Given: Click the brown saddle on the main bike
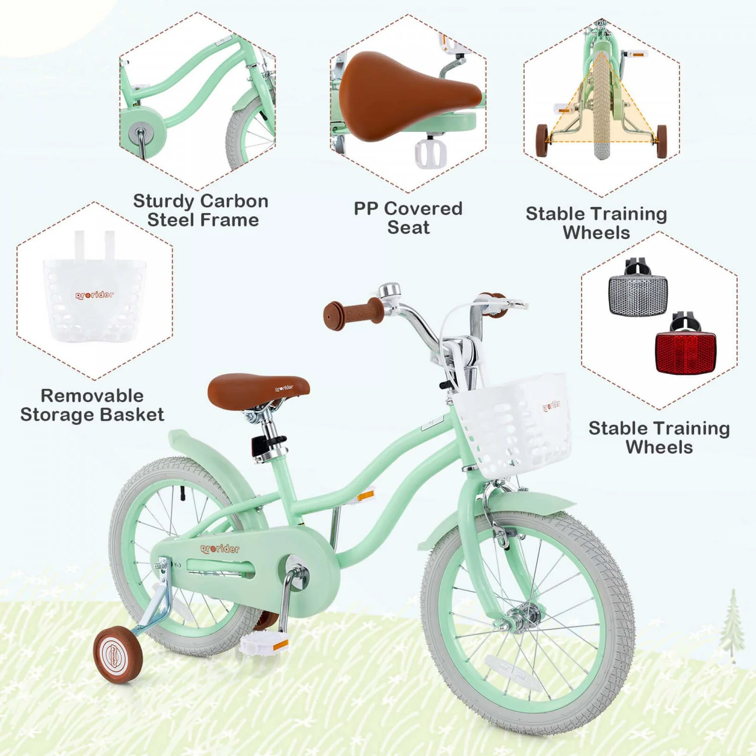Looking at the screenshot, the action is coord(259,390).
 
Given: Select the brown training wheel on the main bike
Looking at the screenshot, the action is coord(118,654).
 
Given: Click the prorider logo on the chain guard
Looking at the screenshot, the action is coord(220,548).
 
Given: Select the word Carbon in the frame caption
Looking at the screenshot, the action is coord(234,201).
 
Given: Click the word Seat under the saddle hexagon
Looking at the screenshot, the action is coord(408,227).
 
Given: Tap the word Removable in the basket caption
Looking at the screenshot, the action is coord(92,396).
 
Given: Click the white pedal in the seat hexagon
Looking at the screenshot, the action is coord(430,153).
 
